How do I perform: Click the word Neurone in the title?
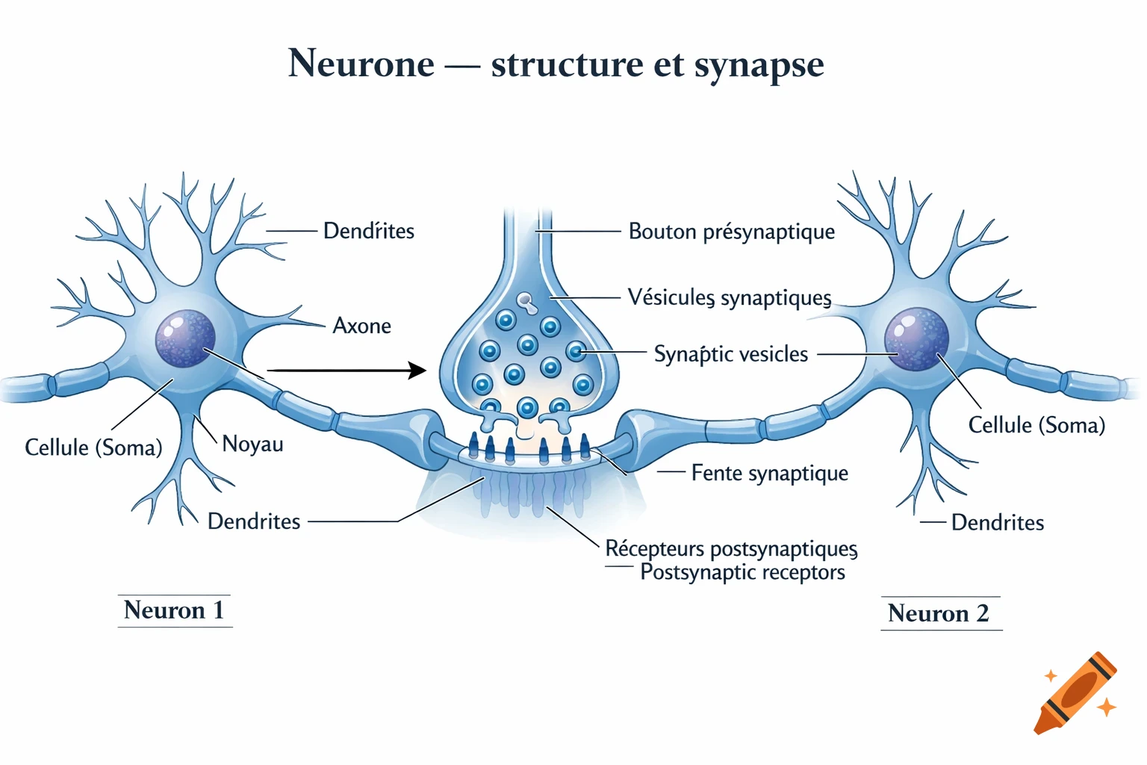(361, 64)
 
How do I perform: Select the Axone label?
(361, 326)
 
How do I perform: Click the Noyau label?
(252, 444)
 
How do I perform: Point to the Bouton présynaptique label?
(731, 232)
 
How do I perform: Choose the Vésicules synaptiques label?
(729, 297)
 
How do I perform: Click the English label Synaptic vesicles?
(730, 354)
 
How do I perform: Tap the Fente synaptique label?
(769, 473)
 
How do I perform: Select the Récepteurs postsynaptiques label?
(730, 548)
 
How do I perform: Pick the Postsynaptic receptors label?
(742, 572)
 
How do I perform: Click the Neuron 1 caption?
(174, 610)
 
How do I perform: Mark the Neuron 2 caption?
(938, 613)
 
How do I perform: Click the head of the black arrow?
(418, 370)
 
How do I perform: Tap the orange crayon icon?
(1075, 694)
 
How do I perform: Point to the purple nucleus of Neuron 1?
(185, 338)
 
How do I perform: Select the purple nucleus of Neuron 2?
(916, 339)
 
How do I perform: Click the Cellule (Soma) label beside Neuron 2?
(1036, 425)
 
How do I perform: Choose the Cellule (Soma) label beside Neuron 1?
(93, 447)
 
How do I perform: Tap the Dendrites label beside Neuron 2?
(997, 522)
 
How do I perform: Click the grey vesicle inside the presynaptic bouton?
(526, 301)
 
